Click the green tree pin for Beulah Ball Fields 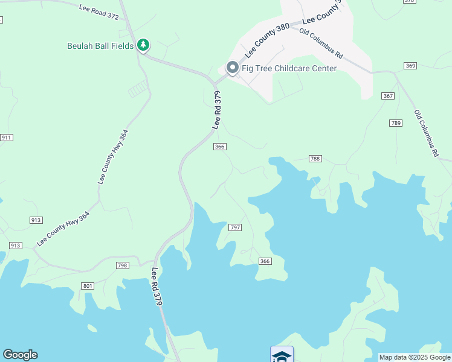coord(143,45)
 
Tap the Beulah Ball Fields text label coord(100,46)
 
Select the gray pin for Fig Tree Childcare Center coord(232,68)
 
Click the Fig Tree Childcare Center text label coord(289,68)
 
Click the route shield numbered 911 coord(7,138)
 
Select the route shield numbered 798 coord(123,265)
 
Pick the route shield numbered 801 coord(88,285)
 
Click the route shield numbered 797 coord(235,227)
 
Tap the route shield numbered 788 coord(315,159)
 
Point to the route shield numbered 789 coord(396,123)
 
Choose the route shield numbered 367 coord(388,96)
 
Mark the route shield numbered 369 coord(411,65)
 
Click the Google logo coord(20,355)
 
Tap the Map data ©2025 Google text coord(414,357)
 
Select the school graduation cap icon coord(282,355)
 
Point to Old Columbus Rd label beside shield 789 coord(426,133)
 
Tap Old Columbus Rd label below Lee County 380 coord(321,43)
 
